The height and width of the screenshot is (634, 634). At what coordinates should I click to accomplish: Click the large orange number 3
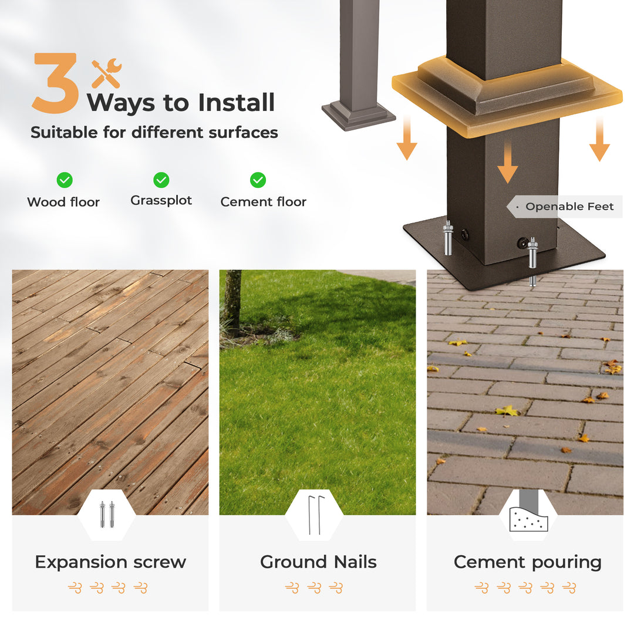tap(55, 83)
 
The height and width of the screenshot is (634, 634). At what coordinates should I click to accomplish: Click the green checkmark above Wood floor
tap(65, 180)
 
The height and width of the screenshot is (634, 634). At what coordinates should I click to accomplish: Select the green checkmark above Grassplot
tap(161, 180)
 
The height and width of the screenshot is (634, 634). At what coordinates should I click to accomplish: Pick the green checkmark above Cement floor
tap(258, 180)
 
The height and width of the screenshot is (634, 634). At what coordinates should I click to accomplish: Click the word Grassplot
tap(161, 201)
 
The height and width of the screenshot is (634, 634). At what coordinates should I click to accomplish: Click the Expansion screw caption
tap(110, 562)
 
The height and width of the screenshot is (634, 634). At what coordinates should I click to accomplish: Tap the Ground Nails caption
tap(318, 562)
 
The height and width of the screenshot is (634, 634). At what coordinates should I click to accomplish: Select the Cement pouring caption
tap(528, 562)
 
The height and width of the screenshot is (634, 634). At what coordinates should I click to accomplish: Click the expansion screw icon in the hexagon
tap(107, 514)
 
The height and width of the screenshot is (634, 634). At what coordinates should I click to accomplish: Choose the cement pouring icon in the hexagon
tap(528, 511)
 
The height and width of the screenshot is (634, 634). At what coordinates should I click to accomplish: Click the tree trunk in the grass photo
tap(233, 302)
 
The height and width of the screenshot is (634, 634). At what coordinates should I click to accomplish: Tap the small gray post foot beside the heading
tap(359, 116)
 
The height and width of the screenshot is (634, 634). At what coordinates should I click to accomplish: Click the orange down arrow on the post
tap(507, 163)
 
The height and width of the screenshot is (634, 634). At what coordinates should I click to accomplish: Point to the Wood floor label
tap(63, 202)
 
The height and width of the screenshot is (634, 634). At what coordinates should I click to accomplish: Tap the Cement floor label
tap(263, 202)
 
